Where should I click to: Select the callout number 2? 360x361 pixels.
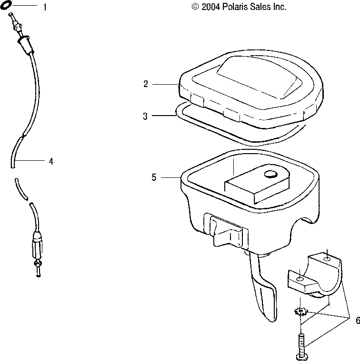tap(146, 84)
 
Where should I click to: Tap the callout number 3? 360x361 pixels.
tap(146, 117)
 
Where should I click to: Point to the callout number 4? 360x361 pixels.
tap(51, 161)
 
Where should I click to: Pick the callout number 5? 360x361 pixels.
tap(154, 177)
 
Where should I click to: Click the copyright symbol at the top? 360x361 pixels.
tap(194, 7)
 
